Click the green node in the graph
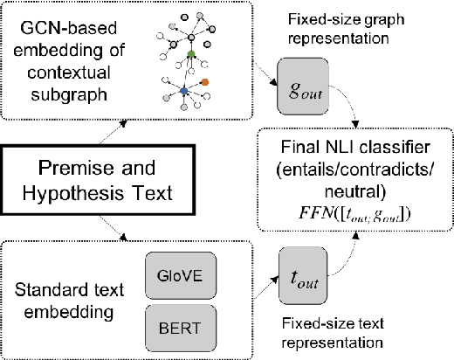coord(192,55)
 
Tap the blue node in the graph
coord(182,90)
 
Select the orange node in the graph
coord(205,84)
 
